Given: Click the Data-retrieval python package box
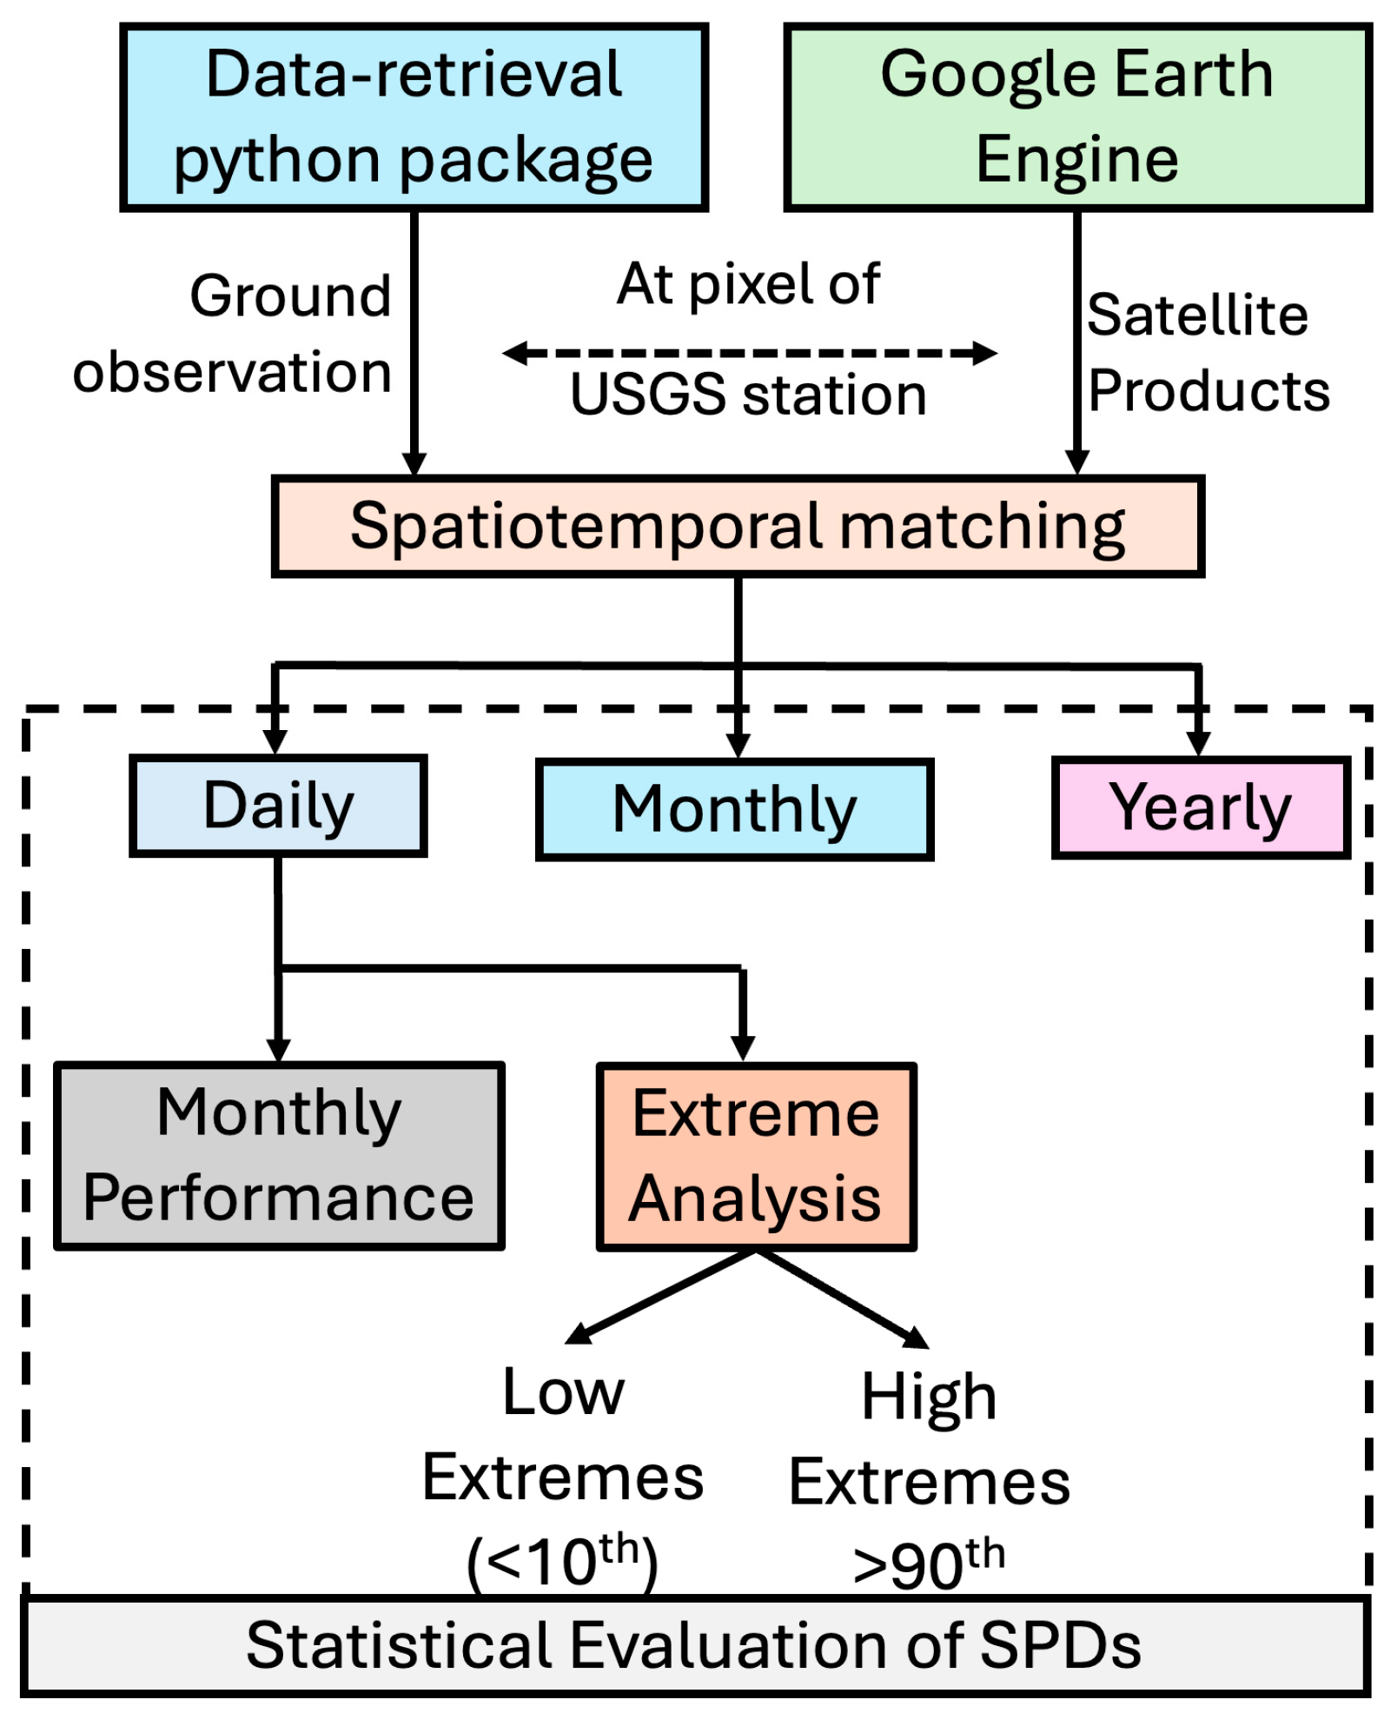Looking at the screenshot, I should [x=414, y=117].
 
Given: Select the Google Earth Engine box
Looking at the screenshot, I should [x=1076, y=117].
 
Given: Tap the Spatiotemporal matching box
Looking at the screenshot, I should [x=737, y=526].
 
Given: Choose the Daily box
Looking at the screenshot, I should [x=278, y=806].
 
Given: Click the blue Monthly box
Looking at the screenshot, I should [x=734, y=809].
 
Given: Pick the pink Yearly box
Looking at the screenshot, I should [x=1200, y=807].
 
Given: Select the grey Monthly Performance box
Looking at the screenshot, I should [x=279, y=1155].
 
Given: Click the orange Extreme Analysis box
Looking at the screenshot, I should [x=755, y=1157].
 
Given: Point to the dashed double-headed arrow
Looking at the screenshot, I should [x=749, y=353].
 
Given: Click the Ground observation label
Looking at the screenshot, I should [x=233, y=335].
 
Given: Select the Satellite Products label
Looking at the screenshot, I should [x=1208, y=352].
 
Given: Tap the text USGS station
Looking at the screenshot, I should [x=748, y=395].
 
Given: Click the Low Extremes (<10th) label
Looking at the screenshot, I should [x=563, y=1477].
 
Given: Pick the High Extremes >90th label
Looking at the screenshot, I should [x=929, y=1481].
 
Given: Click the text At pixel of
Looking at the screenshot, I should [x=748, y=283].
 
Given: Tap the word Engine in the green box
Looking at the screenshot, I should [x=1076, y=160].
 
